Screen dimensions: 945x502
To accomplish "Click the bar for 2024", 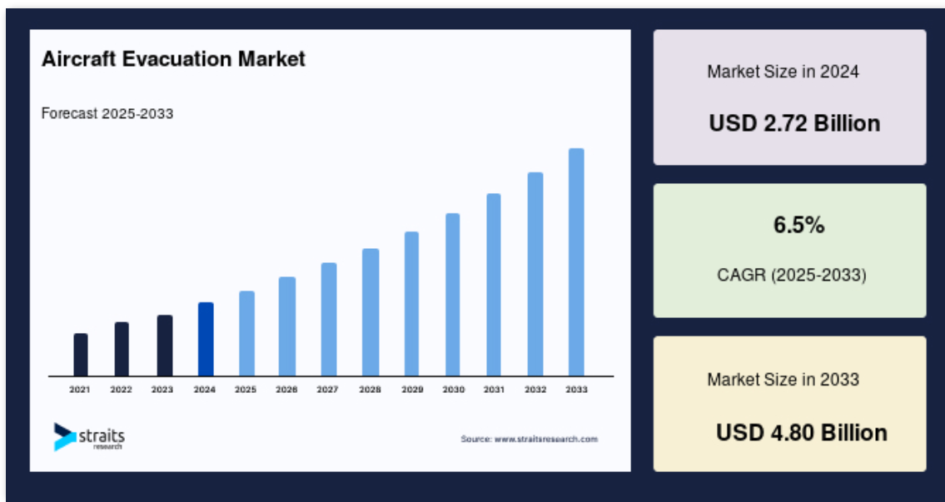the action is (x=206, y=340).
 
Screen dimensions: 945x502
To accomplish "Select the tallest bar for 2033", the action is (x=576, y=262).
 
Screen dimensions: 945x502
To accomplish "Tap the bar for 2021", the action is (x=81, y=355).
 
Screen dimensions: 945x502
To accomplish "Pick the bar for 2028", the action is (x=371, y=312).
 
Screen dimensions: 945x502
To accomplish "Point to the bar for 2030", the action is (x=453, y=295).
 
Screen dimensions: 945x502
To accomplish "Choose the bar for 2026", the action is (x=287, y=326).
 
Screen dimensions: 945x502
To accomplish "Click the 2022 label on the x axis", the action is (x=121, y=390).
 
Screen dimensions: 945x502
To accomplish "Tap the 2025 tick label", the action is (x=246, y=390).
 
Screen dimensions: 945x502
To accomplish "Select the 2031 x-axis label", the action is (x=494, y=390).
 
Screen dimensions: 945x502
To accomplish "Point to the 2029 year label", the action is (x=412, y=390).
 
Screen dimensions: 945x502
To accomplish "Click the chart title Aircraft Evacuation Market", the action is (x=173, y=59).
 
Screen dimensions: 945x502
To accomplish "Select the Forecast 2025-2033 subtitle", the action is (x=107, y=113).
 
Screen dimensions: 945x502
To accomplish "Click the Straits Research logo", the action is (x=89, y=437).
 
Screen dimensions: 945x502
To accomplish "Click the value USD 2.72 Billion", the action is (x=794, y=123).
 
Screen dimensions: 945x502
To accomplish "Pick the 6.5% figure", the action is (x=799, y=226).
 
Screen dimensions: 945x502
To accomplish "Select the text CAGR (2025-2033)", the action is (x=792, y=276).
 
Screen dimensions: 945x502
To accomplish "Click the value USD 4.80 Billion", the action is (x=802, y=433).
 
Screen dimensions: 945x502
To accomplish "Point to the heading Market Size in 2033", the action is (x=783, y=380).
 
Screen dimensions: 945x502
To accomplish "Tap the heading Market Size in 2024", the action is (x=783, y=72).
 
